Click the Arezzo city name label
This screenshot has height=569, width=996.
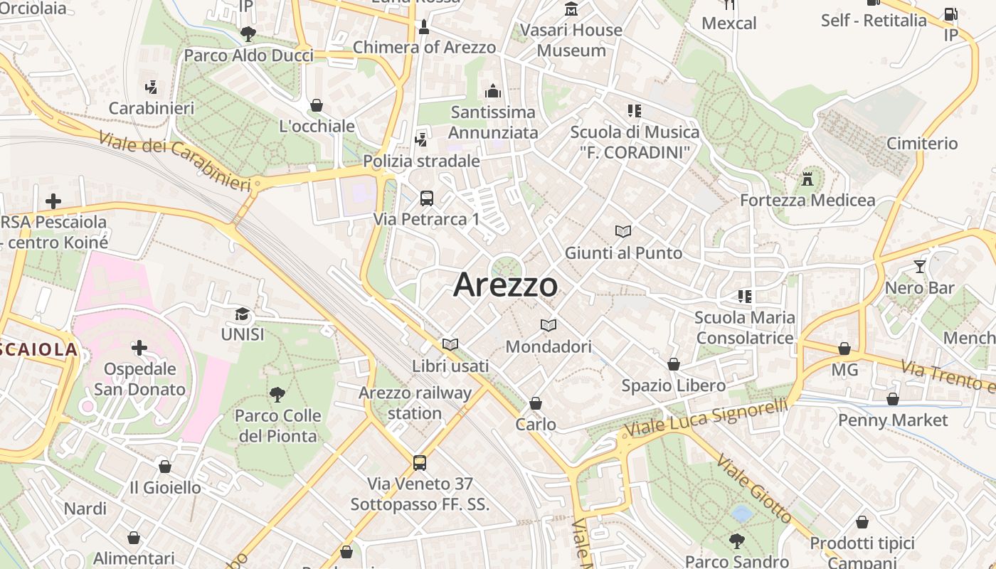[506, 284]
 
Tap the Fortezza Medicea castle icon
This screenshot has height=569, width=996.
[807, 179]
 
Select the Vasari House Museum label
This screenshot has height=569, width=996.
[571, 40]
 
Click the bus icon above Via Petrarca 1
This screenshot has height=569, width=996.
[427, 198]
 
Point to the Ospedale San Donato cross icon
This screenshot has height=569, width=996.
[139, 348]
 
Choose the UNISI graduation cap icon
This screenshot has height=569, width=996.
[243, 314]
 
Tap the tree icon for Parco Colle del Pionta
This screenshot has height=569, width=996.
[277, 395]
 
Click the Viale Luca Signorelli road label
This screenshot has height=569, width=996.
[706, 418]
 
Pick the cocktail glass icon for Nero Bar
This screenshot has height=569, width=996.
[920, 267]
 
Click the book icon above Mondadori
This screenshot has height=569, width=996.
[548, 326]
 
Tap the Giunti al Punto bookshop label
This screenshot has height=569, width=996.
[623, 252]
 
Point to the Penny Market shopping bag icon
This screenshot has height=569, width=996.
[893, 399]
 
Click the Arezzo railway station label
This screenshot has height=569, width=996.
[415, 403]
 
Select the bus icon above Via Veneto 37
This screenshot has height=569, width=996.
[420, 463]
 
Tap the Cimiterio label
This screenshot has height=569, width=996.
[922, 144]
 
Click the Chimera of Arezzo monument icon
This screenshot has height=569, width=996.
[424, 27]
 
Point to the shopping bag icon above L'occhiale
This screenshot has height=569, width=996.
[317, 106]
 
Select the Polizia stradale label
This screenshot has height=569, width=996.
[421, 161]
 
